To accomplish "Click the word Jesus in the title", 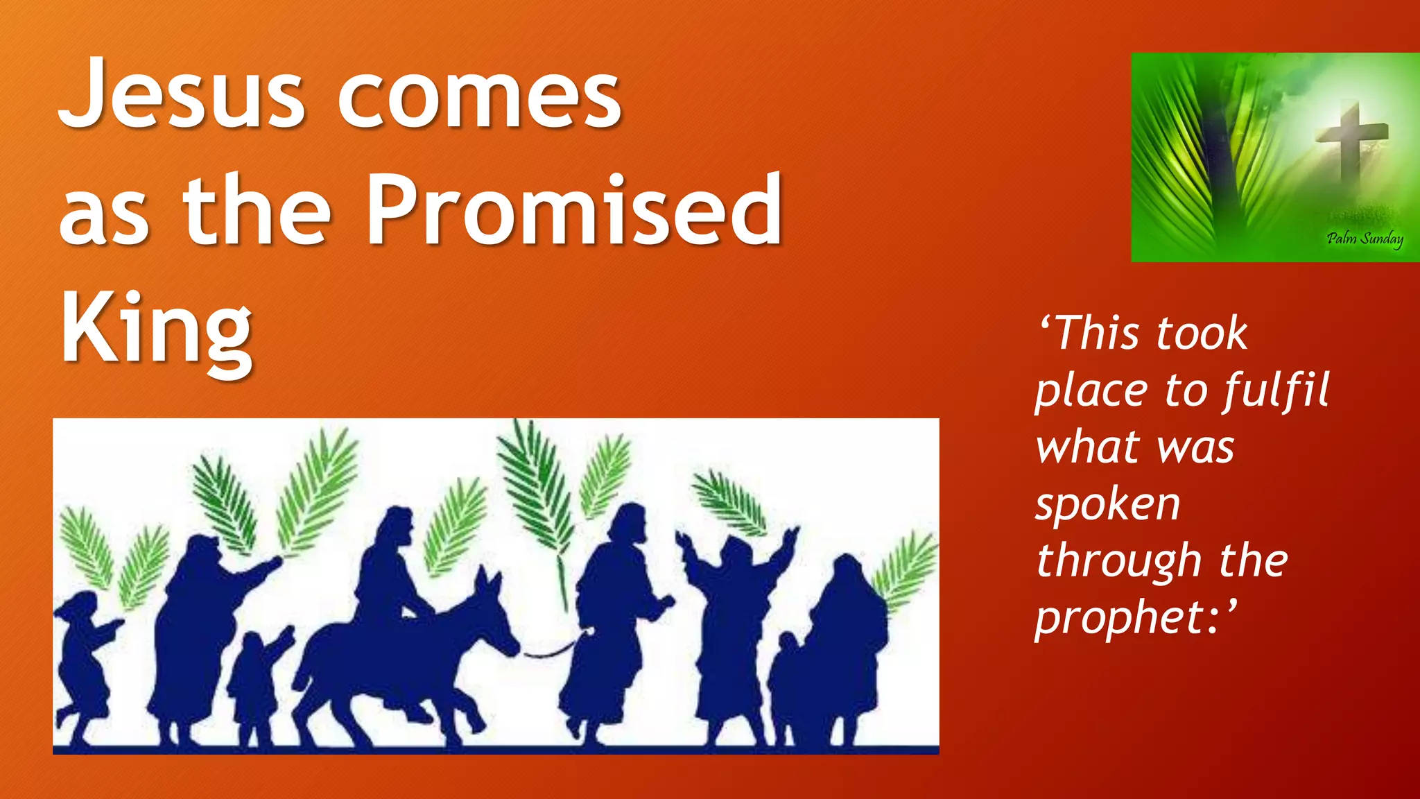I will pos(182,94).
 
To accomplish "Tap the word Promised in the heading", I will pos(574,209).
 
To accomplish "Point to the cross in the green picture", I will pos(1349,139).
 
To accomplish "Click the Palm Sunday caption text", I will pos(1364,239).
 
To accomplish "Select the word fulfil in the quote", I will pos(1276,390).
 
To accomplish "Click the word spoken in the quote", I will pos(1107,504).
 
